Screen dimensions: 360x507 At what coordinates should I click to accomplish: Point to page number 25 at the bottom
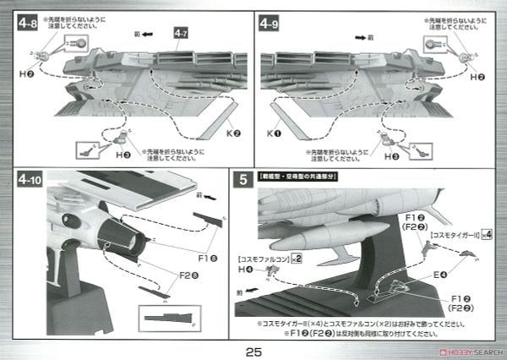click(x=253, y=350)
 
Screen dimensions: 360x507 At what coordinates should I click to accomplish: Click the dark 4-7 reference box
click(x=182, y=33)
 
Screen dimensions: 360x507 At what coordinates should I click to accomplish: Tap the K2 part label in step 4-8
click(x=233, y=134)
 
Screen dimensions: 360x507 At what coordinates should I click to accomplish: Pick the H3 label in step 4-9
click(x=391, y=155)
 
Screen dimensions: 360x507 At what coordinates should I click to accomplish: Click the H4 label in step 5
click(x=245, y=270)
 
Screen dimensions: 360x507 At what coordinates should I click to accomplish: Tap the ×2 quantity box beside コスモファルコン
click(x=297, y=257)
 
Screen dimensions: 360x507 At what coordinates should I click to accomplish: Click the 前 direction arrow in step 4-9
click(x=364, y=37)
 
